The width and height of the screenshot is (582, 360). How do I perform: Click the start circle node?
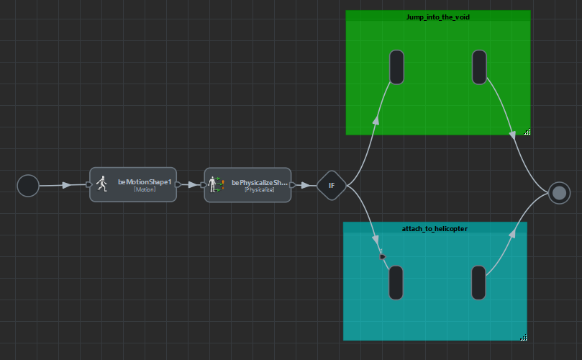pyautogui.click(x=28, y=186)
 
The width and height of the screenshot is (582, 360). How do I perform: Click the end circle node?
pyautogui.click(x=559, y=192)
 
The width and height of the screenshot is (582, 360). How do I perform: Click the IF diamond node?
pyautogui.click(x=332, y=186)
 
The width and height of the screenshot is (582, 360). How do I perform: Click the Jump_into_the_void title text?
pyautogui.click(x=437, y=17)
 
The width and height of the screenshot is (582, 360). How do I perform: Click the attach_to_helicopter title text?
pyautogui.click(x=435, y=228)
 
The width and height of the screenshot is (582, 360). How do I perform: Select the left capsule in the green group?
pyautogui.click(x=396, y=67)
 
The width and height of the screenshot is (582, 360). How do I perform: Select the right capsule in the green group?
pyautogui.click(x=479, y=67)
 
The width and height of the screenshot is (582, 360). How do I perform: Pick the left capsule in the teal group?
pyautogui.click(x=396, y=282)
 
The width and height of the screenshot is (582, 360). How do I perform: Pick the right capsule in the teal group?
pyautogui.click(x=478, y=282)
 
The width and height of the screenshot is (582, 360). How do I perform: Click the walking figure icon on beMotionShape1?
pyautogui.click(x=102, y=184)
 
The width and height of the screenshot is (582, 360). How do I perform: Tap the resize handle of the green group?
pyautogui.click(x=527, y=132)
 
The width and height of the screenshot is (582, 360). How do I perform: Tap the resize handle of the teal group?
pyautogui.click(x=523, y=337)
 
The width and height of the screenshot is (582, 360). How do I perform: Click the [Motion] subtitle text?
pyautogui.click(x=145, y=189)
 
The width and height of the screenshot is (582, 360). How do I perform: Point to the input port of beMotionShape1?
pyautogui.click(x=88, y=184)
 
